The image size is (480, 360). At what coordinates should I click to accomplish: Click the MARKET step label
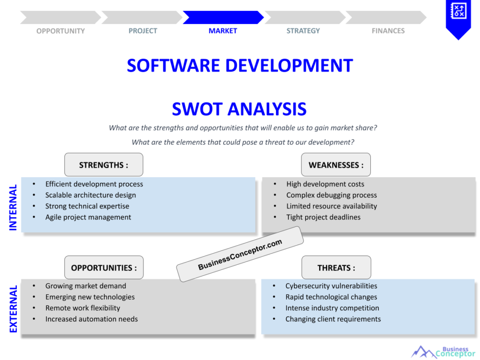[x=223, y=31]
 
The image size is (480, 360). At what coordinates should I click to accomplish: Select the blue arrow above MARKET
[x=223, y=17]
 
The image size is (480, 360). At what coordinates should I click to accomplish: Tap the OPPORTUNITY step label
[x=60, y=31]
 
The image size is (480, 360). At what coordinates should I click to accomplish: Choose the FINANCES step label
[x=388, y=31]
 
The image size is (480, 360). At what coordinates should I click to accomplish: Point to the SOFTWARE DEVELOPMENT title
[x=240, y=66]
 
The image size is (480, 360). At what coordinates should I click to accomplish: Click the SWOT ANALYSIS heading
[x=239, y=109]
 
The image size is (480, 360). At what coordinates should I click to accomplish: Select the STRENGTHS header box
[x=104, y=165]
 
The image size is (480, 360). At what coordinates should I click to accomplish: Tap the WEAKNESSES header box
[x=336, y=165]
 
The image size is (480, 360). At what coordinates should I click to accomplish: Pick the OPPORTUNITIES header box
[x=104, y=268]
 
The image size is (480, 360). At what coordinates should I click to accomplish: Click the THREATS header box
[x=336, y=268]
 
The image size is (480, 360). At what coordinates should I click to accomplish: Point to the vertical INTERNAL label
[x=13, y=207]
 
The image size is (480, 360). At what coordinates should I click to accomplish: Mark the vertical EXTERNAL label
[x=13, y=309]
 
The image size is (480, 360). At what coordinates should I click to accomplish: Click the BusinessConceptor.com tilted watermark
[x=240, y=255]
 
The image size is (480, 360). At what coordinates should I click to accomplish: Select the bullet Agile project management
[x=88, y=217]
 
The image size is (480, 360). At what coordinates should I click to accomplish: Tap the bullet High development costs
[x=325, y=184]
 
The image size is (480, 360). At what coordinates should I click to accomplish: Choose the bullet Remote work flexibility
[x=82, y=308]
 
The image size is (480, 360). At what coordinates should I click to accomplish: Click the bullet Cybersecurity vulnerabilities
[x=331, y=286]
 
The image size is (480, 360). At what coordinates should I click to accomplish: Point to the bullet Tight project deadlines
[x=323, y=217]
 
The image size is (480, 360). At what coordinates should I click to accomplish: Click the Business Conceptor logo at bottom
[x=443, y=352]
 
